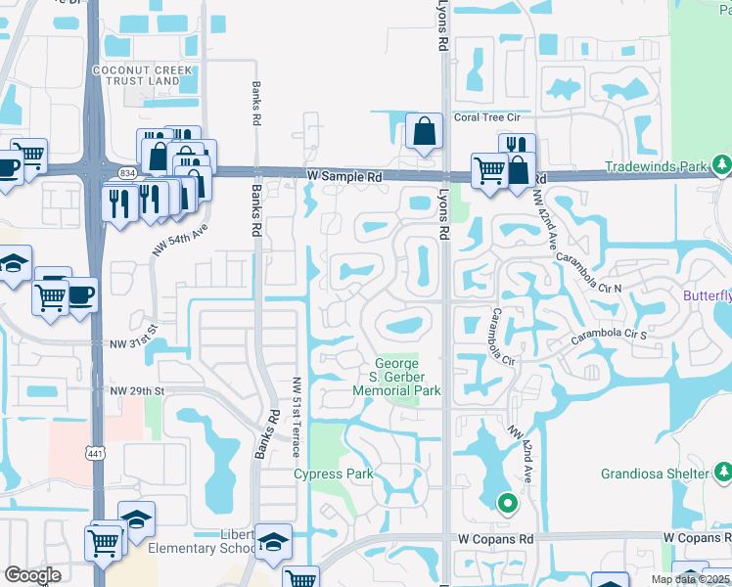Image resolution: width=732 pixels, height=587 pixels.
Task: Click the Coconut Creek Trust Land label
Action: (137, 75)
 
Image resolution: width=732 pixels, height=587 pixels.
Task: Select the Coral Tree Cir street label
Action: (487, 117)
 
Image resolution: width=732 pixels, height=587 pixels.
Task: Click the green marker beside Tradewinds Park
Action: (722, 162)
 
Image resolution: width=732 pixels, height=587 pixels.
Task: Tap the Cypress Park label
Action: (334, 474)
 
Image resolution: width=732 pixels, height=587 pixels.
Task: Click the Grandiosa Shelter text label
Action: (653, 474)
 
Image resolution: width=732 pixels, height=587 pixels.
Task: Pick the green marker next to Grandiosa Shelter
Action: (720, 474)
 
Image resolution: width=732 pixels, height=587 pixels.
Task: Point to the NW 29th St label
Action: (139, 390)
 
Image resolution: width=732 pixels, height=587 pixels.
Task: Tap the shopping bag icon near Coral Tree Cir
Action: (424, 131)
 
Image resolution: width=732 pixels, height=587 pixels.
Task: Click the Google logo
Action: (32, 575)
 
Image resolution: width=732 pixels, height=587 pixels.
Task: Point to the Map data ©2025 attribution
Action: (691, 579)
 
